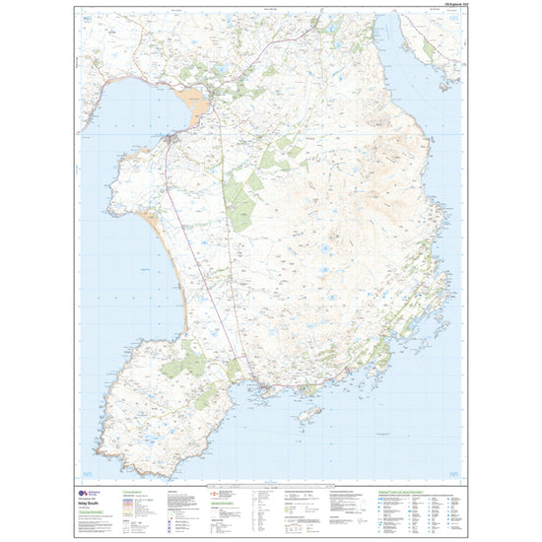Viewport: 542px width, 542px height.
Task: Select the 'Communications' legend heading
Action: click(134, 490)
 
